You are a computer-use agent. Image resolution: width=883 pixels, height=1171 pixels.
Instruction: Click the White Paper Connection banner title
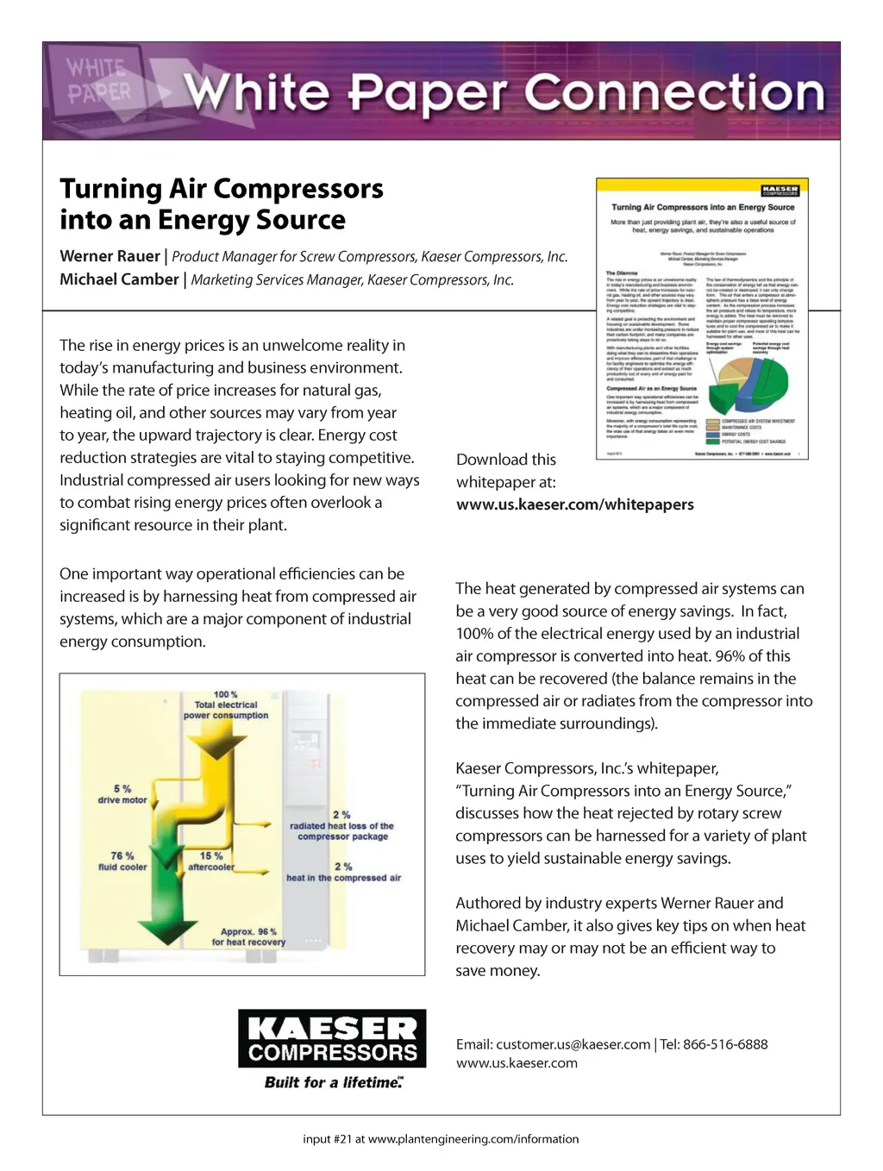tap(504, 93)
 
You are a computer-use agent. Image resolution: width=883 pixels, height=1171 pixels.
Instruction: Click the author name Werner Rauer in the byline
tap(110, 256)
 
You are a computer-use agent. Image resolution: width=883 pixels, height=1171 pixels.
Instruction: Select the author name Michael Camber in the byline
tap(119, 279)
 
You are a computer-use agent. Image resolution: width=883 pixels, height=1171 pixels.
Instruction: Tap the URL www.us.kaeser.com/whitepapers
tap(574, 504)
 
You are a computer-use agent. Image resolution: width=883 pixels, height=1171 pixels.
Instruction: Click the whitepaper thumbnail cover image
tap(702, 318)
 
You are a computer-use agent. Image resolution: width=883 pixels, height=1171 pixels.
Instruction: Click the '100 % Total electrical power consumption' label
tap(226, 704)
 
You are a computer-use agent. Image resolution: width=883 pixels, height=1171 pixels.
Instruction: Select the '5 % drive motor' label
tap(122, 794)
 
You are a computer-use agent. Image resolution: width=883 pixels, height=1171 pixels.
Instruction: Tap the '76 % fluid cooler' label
tap(122, 861)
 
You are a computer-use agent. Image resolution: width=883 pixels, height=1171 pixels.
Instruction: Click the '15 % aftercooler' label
tap(211, 861)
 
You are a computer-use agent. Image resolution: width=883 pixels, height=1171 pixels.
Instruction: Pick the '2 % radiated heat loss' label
tap(341, 825)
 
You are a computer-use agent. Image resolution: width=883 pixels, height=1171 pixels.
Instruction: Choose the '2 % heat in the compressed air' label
tap(343, 872)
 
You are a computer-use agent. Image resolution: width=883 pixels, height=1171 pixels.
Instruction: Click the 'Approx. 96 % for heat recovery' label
tap(248, 936)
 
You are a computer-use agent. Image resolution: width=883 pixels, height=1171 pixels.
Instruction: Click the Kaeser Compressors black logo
tap(332, 1038)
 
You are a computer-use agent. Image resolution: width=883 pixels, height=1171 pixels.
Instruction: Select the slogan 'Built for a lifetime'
tap(333, 1082)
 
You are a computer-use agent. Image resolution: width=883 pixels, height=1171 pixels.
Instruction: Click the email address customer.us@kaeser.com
tap(573, 1044)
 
